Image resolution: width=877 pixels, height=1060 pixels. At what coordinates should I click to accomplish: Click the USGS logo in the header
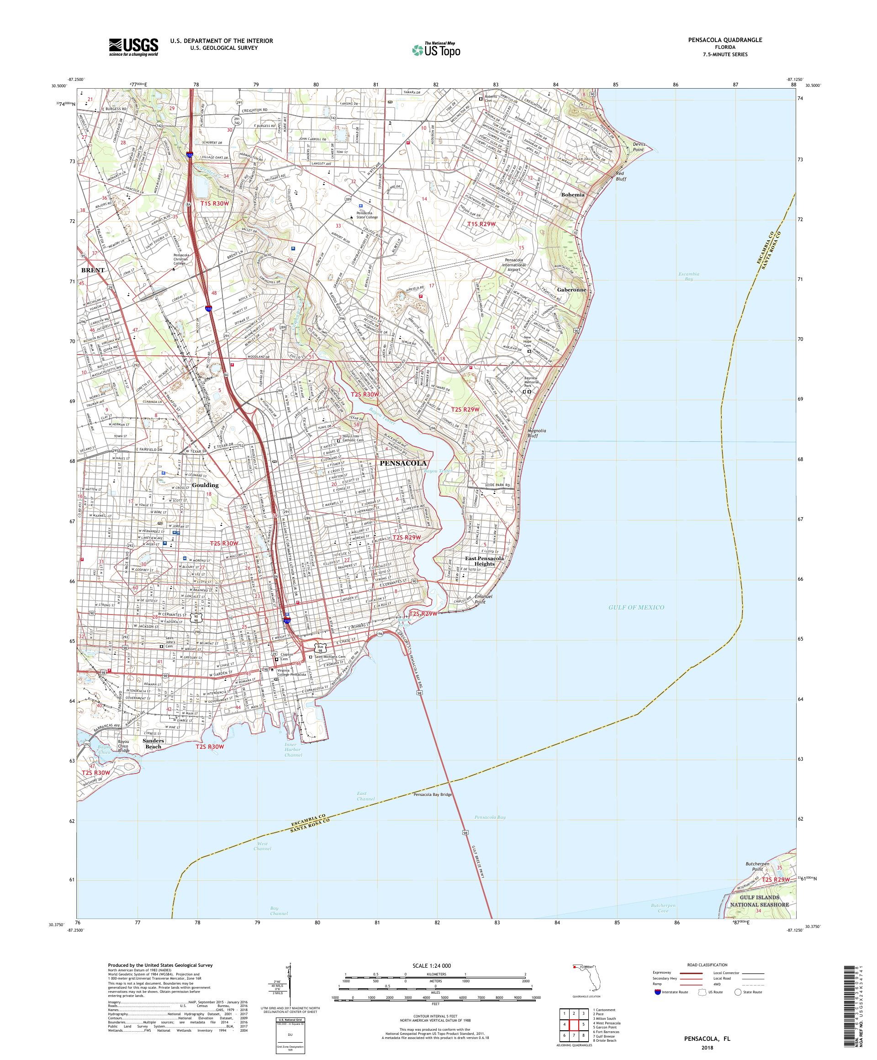coord(133,48)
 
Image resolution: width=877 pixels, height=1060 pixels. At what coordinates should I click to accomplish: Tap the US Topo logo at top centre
coord(437,49)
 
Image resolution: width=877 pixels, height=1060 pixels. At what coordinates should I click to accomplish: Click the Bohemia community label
coord(572,194)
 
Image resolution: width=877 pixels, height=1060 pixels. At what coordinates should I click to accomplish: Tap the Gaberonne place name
coord(571,290)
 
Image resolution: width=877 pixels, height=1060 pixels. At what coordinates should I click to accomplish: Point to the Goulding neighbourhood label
coord(205,485)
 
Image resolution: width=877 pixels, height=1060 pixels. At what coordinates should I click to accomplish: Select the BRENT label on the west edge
coord(93,270)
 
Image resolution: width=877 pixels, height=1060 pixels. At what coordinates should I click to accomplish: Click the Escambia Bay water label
coord(688,277)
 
